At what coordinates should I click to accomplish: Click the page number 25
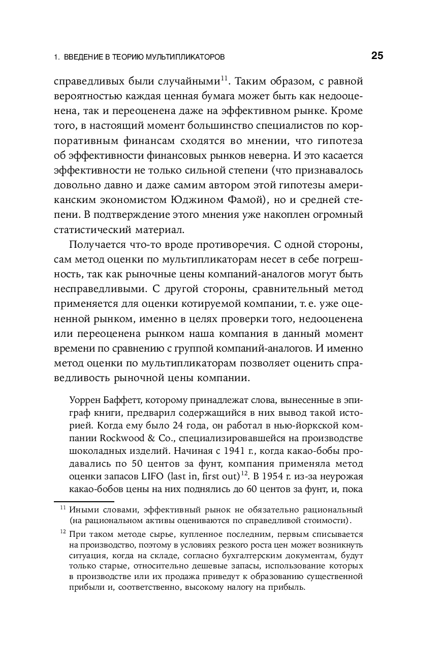click(x=377, y=56)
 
